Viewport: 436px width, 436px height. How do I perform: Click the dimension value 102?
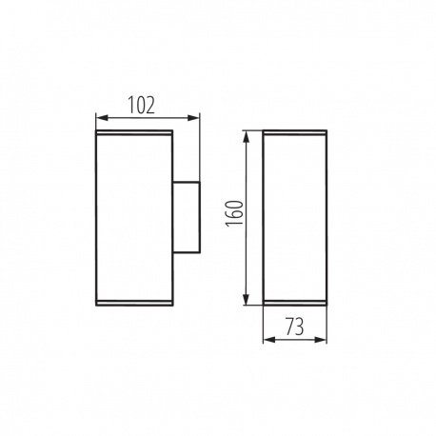coord(141,105)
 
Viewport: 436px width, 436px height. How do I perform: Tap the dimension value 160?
coord(234,213)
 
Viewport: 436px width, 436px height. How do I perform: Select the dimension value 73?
coord(295,327)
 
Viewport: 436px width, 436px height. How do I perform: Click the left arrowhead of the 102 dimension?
coord(102,118)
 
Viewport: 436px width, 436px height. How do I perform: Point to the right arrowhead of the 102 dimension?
coord(193,118)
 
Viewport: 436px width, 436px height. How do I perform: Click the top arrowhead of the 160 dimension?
coord(246,137)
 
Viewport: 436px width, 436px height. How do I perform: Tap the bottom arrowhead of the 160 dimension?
coord(246,299)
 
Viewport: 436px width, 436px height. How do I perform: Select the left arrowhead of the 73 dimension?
coord(269,340)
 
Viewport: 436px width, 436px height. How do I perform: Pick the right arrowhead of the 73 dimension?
coord(320,340)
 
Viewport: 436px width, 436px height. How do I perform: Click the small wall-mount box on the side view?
coord(187,217)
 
